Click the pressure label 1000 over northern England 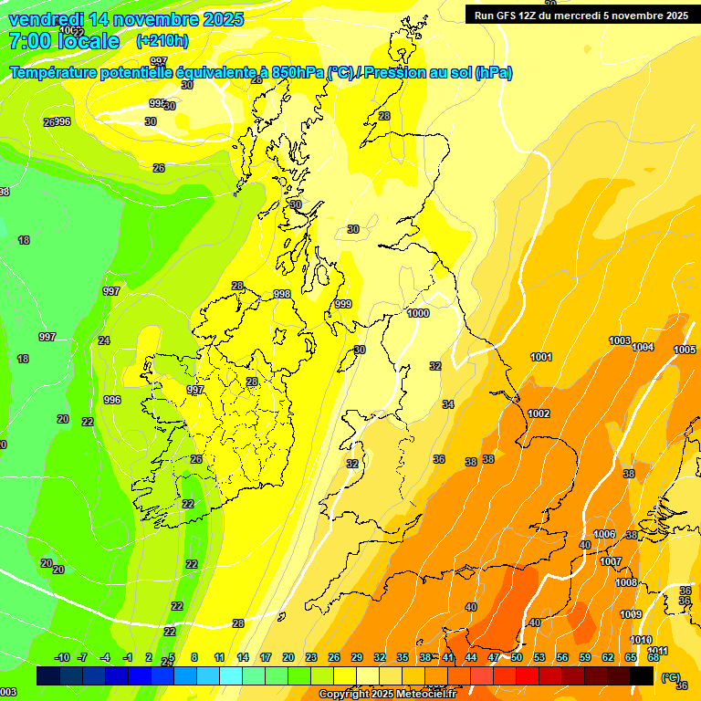(x=418, y=313)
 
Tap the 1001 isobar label (x=541, y=357)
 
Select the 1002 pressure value (x=539, y=413)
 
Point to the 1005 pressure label (x=685, y=350)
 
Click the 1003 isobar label (x=620, y=340)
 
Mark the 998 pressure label (x=282, y=294)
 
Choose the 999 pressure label (x=342, y=304)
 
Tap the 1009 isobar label (x=631, y=614)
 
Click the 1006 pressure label (x=604, y=534)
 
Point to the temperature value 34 (x=448, y=404)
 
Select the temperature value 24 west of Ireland (x=104, y=340)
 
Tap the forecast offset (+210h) (x=162, y=40)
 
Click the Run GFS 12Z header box (x=581, y=15)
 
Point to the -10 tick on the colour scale (x=62, y=657)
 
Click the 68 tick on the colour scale (x=654, y=657)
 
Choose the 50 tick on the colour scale (x=517, y=657)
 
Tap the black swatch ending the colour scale (x=642, y=675)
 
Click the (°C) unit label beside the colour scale (x=669, y=676)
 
